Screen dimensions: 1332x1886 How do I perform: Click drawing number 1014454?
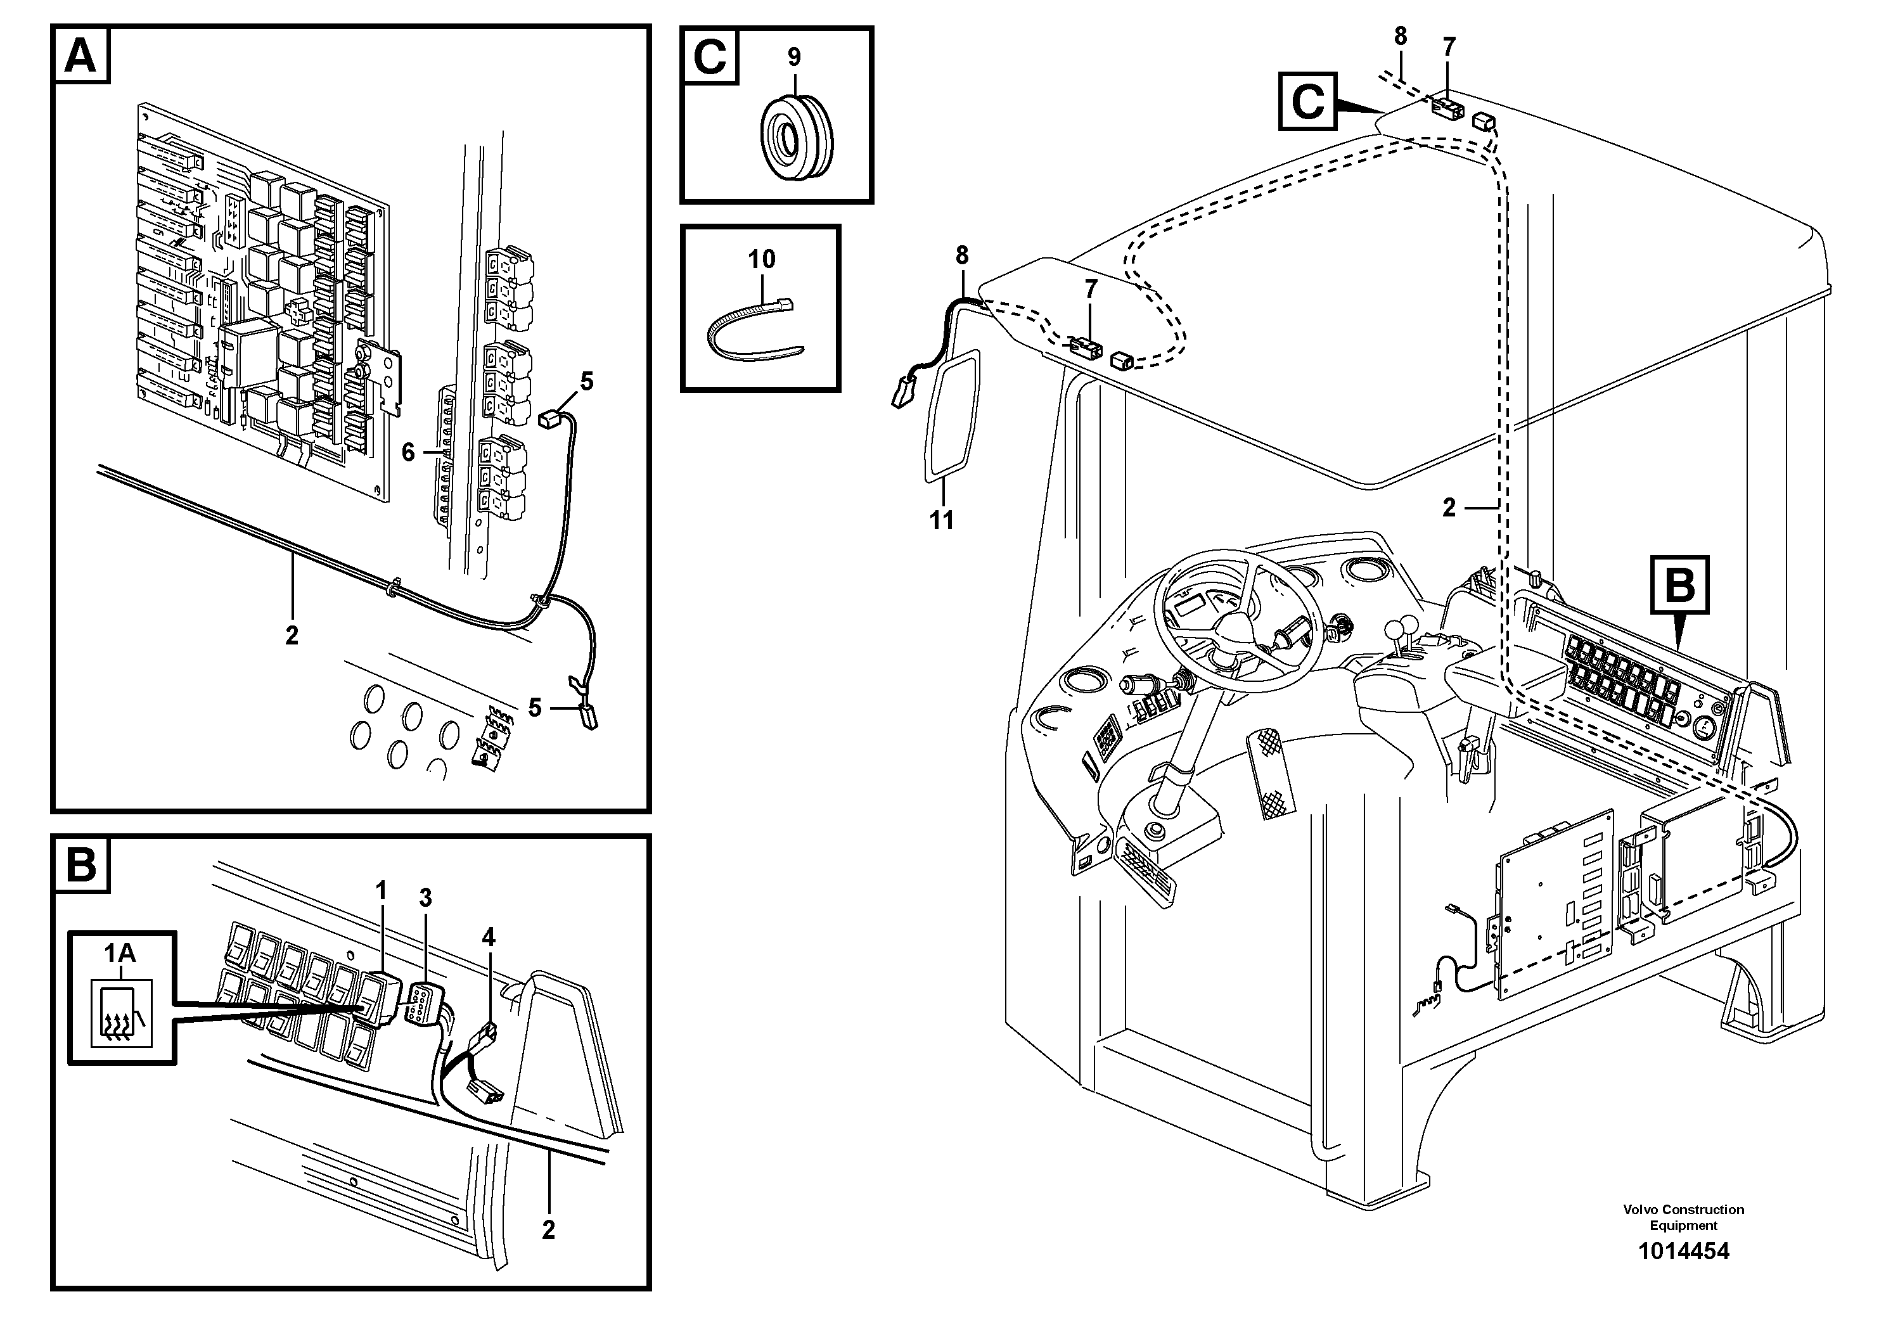point(1683,1252)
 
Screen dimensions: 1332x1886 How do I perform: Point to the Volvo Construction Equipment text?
point(1683,1217)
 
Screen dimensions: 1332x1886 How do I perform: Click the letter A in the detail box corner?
point(80,56)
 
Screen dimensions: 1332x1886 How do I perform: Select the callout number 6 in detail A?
point(408,452)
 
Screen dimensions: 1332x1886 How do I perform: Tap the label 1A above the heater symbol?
point(120,952)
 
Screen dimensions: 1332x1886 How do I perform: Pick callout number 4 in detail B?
point(489,936)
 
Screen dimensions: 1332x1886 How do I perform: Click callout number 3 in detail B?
point(425,899)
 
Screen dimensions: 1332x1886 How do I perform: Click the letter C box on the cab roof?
point(1307,102)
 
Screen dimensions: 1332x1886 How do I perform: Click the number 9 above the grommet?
point(793,58)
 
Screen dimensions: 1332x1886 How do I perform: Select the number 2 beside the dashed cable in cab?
point(1449,508)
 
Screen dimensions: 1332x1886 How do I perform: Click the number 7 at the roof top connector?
point(1449,48)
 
